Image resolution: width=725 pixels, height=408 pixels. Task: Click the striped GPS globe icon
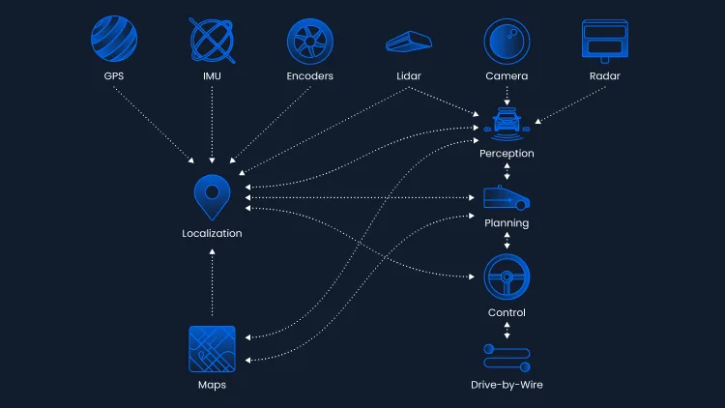pos(114,41)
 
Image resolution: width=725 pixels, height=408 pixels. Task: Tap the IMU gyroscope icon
pos(213,41)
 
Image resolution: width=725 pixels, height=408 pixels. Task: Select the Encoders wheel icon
pos(310,41)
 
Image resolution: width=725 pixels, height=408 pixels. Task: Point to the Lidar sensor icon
pos(409,41)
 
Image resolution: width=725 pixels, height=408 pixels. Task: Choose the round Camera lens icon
pos(507,41)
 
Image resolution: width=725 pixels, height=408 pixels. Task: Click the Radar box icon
pos(604,41)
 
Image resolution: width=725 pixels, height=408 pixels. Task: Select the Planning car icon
pos(507,198)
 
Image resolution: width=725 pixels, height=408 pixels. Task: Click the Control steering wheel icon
pos(507,277)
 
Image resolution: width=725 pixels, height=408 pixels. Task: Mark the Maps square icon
pos(212,349)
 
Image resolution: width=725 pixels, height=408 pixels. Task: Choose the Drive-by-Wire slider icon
pos(507,358)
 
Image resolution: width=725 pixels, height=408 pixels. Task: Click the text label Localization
pos(212,233)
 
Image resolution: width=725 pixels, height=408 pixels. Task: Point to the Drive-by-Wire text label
pos(507,385)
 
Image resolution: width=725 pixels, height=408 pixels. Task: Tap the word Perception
pos(507,154)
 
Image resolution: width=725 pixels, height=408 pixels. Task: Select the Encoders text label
pos(310,75)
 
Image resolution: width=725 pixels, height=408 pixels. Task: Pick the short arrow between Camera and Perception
pos(507,94)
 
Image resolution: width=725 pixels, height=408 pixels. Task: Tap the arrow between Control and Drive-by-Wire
pos(507,329)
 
